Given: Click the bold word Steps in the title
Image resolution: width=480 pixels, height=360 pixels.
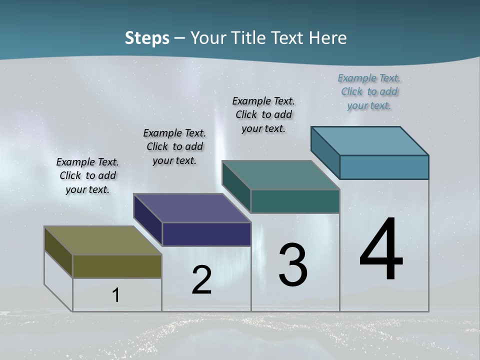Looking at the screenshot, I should tap(147, 38).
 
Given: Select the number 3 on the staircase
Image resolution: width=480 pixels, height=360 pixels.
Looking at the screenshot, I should tap(292, 265).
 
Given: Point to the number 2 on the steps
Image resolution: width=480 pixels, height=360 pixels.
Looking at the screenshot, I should tap(201, 280).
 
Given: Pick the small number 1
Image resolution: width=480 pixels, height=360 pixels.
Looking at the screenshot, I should tap(115, 295).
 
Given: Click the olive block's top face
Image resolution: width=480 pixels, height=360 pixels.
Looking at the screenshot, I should tap(102, 240).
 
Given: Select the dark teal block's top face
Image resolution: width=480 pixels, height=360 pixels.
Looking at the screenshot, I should tap(280, 175).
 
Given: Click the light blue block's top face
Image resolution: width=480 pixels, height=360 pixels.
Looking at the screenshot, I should tap(369, 141).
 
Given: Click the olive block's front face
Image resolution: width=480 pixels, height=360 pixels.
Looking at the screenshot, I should tap(117, 266).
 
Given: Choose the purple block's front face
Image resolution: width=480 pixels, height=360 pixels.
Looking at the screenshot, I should tap(206, 234).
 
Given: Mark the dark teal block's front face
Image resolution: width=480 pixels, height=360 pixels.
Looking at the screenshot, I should tap(295, 201).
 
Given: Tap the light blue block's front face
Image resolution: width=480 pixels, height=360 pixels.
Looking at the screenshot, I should tap(384, 167).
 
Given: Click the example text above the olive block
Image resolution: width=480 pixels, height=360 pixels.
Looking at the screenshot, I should tap(87, 175).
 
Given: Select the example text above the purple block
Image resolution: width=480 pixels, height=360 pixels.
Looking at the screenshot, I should tap(174, 146).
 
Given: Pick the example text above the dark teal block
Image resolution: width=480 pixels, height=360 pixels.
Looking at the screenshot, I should tap(263, 114).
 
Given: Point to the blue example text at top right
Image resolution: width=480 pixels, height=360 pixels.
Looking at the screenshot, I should tap(369, 91).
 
